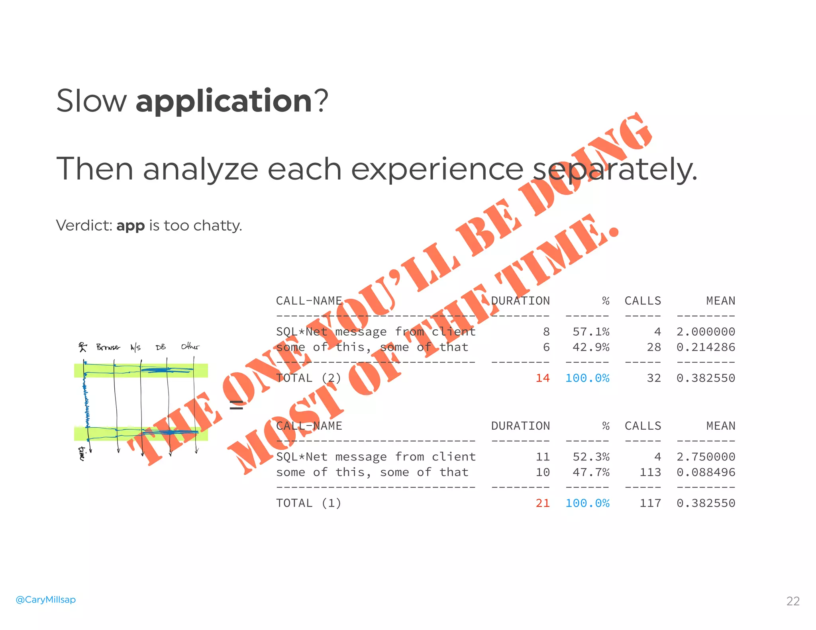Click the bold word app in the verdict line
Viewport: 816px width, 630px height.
[x=130, y=226]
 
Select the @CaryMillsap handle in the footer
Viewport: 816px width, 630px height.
[x=45, y=599]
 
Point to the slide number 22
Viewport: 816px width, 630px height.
[x=793, y=601]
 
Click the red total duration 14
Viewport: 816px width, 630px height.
[x=542, y=378]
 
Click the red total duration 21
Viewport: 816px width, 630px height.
[x=542, y=503]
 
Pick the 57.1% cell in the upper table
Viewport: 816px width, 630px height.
[x=591, y=332]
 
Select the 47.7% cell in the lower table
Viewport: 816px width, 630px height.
[x=591, y=472]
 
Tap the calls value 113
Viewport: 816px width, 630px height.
[x=650, y=472]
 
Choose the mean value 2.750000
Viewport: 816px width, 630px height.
[x=706, y=457]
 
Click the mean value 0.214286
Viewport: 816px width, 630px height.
[x=706, y=347]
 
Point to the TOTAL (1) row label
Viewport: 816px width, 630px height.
[x=309, y=503]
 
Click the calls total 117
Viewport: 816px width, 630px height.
[x=650, y=503]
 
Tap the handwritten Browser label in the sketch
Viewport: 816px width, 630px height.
[x=108, y=347]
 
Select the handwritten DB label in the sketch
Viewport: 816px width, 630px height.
[x=161, y=347]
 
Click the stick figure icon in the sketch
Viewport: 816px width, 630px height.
[x=82, y=347]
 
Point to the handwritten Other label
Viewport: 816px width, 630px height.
[x=190, y=346]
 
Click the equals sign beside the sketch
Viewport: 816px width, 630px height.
[x=236, y=405]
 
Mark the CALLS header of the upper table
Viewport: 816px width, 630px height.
[x=643, y=301]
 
